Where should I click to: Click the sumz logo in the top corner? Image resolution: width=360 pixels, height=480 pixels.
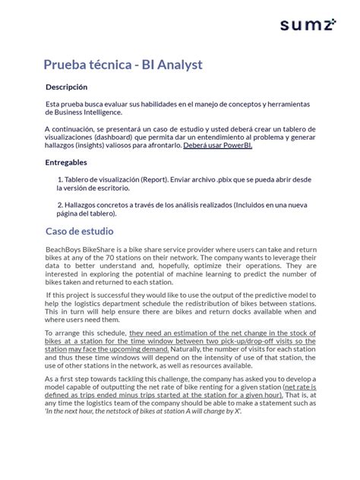308,25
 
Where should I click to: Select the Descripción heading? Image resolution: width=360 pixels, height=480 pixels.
71,87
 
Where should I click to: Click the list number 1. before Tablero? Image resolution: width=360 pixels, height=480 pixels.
60,180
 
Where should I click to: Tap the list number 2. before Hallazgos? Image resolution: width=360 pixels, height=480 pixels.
60,205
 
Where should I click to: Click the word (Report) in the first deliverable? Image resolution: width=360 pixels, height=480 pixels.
156,180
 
